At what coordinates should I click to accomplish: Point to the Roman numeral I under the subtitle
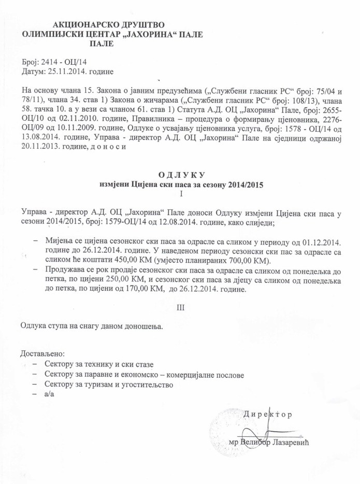click(x=181, y=194)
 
